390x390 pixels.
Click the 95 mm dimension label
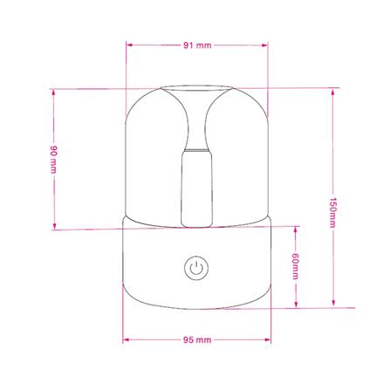(x=198, y=338)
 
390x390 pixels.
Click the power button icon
(x=195, y=267)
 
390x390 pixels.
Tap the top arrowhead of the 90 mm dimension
(x=53, y=90)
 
